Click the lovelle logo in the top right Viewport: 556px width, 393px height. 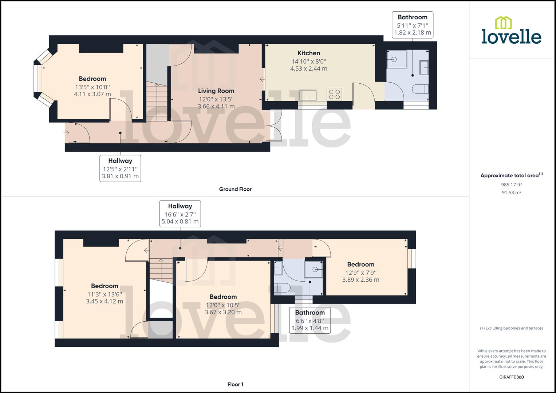coord(511,31)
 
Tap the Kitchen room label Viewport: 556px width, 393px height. coord(309,53)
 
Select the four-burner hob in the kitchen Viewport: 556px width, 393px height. coord(334,94)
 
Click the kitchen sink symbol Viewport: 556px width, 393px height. coord(308,95)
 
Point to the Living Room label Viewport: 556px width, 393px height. coord(216,91)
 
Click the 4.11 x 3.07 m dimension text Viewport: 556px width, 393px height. coord(92,94)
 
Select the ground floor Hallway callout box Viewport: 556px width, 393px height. coord(120,168)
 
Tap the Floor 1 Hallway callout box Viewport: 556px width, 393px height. coord(180,214)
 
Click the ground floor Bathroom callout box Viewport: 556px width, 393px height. coord(412,25)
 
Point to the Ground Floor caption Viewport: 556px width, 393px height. coord(235,189)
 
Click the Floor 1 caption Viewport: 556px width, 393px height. coord(235,384)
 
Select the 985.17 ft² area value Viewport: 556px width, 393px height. coord(511,184)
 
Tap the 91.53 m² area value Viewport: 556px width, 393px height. coord(511,193)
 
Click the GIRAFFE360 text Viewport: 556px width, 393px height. coord(511,377)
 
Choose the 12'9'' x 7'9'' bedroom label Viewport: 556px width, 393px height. coord(360,272)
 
